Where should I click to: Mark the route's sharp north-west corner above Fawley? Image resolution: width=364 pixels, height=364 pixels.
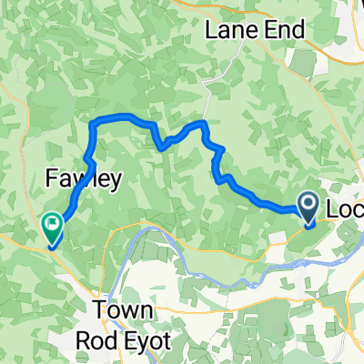tap(92, 122)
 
